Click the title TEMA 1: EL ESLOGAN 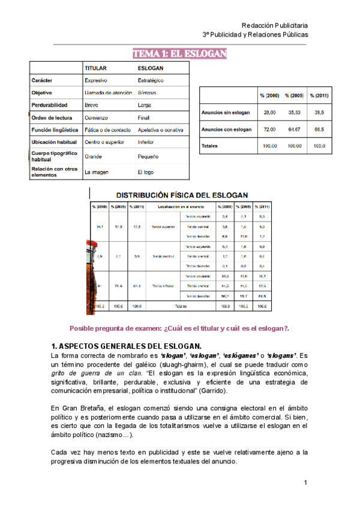pyautogui.click(x=180, y=55)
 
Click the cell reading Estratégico pyautogui.click(x=151, y=80)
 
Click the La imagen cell pyautogui.click(x=97, y=172)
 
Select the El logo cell pyautogui.click(x=147, y=172)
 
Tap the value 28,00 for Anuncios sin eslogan pyautogui.click(x=269, y=112)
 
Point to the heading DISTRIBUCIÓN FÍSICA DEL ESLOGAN pyautogui.click(x=182, y=195)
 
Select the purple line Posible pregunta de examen pyautogui.click(x=180, y=328)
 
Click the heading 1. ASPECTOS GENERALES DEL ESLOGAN pyautogui.click(x=126, y=346)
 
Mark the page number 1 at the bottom pyautogui.click(x=305, y=483)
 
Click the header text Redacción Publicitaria pyautogui.click(x=274, y=25)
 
